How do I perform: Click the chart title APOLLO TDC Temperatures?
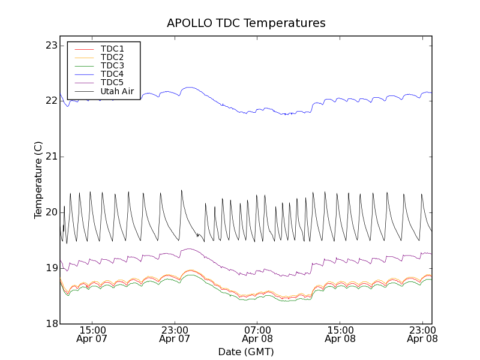(246, 23)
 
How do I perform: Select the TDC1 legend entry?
(112, 49)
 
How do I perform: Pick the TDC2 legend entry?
(112, 57)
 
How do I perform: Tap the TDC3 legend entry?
(112, 65)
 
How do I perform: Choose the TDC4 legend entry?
(112, 74)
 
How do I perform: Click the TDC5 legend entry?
(112, 83)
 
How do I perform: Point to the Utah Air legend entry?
(117, 91)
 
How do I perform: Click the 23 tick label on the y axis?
(51, 45)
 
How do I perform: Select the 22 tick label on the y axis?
(51, 101)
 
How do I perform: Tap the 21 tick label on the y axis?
(51, 157)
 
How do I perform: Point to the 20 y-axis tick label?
(51, 212)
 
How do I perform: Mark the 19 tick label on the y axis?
(51, 268)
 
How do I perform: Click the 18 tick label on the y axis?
(51, 323)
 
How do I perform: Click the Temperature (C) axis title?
(38, 180)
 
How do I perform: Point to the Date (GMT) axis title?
(246, 352)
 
